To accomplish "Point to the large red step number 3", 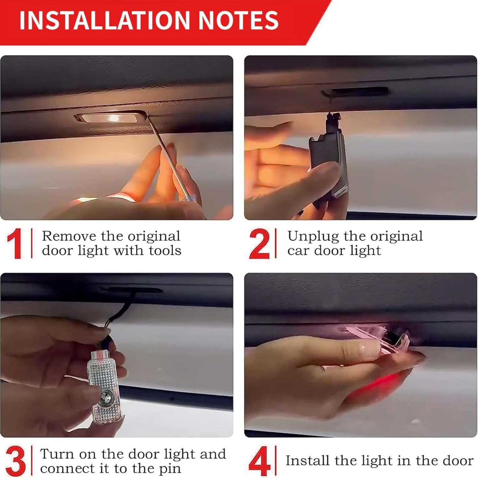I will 15,461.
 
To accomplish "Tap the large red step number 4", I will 259,461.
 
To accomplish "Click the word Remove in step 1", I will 69,236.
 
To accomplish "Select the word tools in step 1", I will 165,250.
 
